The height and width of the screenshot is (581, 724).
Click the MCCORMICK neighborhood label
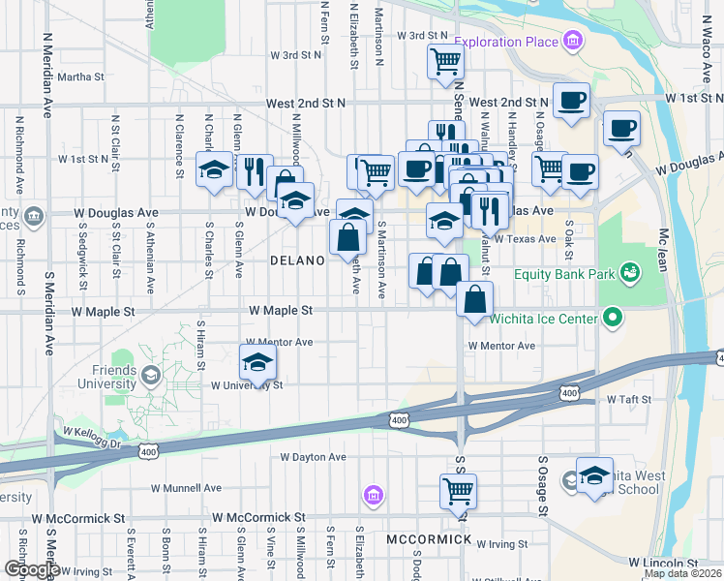click(x=429, y=539)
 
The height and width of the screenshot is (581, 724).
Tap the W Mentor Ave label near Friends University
click(x=279, y=342)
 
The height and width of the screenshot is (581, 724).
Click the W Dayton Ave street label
click(x=313, y=456)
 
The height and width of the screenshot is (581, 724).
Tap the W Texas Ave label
click(x=525, y=238)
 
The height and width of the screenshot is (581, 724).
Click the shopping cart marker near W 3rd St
click(x=446, y=61)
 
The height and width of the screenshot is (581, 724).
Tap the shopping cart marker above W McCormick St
click(x=458, y=490)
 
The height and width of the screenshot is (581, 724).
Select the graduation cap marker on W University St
click(x=257, y=363)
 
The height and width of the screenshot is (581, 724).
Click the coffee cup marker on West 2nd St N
click(x=571, y=100)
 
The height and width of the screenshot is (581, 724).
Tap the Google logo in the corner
click(x=30, y=569)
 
